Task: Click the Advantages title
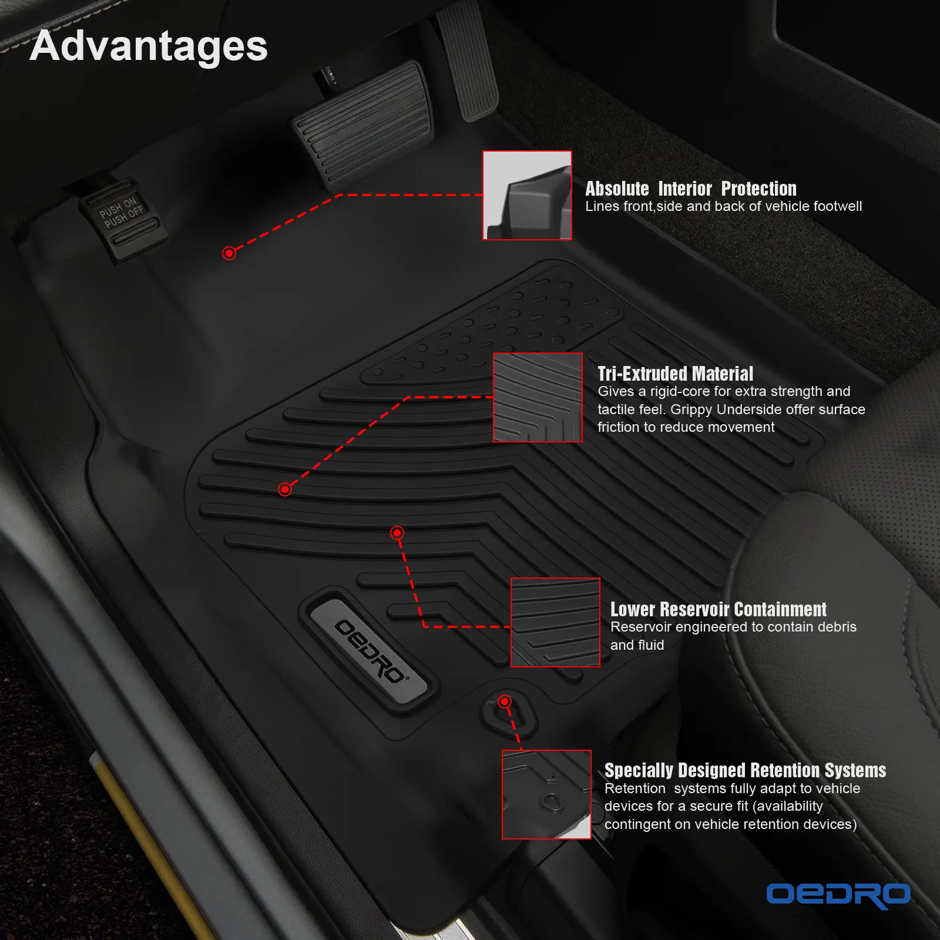(x=149, y=47)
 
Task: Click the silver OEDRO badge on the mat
(x=369, y=650)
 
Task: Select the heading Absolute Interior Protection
(x=691, y=189)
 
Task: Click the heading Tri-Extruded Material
(x=675, y=374)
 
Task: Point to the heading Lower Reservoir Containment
(x=718, y=609)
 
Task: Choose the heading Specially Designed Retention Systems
(x=745, y=770)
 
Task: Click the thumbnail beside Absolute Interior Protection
(x=527, y=195)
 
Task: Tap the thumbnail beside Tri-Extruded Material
(x=538, y=397)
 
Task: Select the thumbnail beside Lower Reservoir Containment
(x=555, y=622)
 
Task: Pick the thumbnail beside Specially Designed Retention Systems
(x=546, y=794)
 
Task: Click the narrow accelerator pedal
(x=468, y=59)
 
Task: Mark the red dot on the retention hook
(x=505, y=701)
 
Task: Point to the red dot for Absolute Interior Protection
(x=229, y=253)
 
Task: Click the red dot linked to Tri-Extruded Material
(x=285, y=489)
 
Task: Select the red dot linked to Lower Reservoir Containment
(x=397, y=533)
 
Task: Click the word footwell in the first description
(x=838, y=206)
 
